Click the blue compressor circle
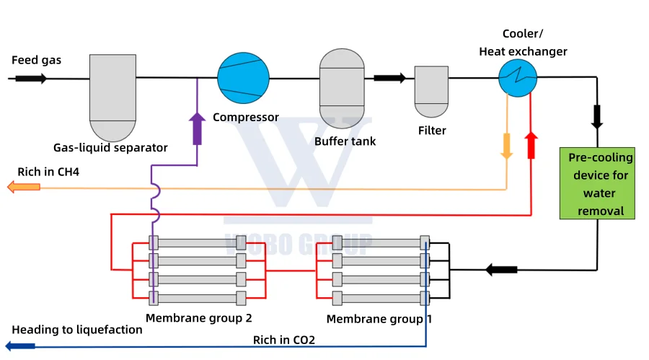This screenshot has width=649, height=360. coord(244,78)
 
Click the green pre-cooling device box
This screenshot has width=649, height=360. coord(597,184)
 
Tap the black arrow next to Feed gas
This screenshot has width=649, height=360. coord(32,78)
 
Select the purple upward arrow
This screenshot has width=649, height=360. coord(197,128)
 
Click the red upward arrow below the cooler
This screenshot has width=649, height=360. coord(531,144)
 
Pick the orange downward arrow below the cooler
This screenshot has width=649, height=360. coord(506,144)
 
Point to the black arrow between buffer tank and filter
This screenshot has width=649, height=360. coord(389,78)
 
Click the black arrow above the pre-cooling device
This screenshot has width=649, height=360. coord(597,116)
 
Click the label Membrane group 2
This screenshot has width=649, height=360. coord(198,317)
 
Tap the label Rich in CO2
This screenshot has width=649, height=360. coord(283,339)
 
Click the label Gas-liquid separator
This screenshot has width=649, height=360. coord(110,148)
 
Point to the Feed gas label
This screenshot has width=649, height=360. coord(36,60)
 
